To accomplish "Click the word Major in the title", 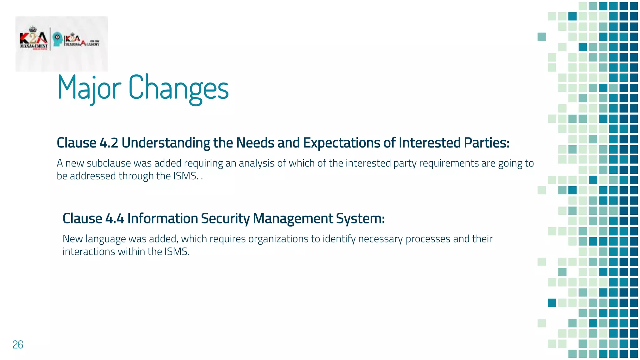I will pos(89,88).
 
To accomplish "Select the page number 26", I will pos(18,344).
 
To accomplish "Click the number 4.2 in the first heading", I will pos(109,143).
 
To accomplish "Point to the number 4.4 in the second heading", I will pos(115,218).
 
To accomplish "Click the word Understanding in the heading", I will pos(166,143).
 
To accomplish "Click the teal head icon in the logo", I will pos(57,39).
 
